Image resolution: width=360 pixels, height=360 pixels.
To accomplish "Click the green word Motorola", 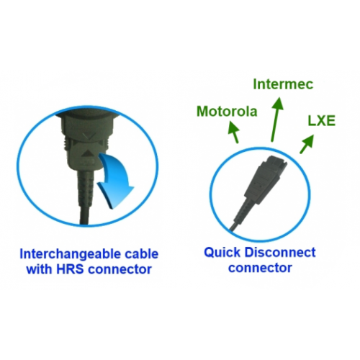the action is click(227, 112).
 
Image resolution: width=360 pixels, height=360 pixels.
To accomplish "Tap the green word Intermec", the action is click(283, 84).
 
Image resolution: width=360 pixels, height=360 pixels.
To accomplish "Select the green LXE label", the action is click(322, 121).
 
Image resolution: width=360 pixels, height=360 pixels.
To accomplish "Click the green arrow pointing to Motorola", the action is click(234, 132).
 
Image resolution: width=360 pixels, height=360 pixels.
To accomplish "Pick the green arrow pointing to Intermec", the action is click(276, 120).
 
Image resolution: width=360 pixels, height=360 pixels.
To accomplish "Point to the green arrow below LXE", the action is click(307, 143).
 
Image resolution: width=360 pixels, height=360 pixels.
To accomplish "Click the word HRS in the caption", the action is click(70, 269).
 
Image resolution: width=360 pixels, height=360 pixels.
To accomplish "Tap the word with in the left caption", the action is click(40, 269).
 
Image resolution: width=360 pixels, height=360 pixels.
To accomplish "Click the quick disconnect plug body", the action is click(261, 181).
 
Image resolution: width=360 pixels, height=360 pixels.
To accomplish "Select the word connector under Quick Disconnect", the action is click(260, 268).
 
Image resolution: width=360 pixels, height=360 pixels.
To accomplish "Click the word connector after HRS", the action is click(120, 269).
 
